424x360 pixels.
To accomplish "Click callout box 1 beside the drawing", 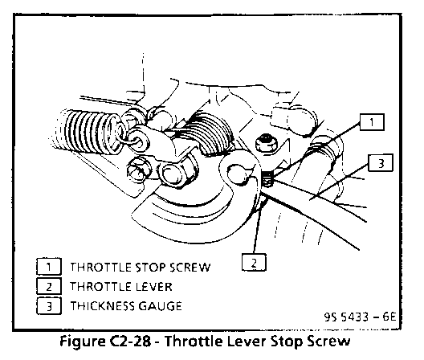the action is pyautogui.click(x=372, y=122).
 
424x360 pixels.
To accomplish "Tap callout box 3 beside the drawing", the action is pyautogui.click(x=381, y=163).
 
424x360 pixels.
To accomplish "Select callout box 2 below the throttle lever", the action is pyautogui.click(x=254, y=262).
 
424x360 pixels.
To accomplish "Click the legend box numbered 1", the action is pyautogui.click(x=49, y=267).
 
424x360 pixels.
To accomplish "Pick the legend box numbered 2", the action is pyautogui.click(x=49, y=286).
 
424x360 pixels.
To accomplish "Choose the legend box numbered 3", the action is pyautogui.click(x=49, y=306).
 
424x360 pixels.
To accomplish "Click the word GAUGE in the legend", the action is pyautogui.click(x=160, y=306).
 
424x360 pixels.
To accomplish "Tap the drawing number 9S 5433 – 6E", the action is pyautogui.click(x=360, y=317).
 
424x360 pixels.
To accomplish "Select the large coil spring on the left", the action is pyautogui.click(x=87, y=132).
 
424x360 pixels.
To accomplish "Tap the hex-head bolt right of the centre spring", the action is pyautogui.click(x=266, y=144).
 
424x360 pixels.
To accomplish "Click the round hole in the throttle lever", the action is pyautogui.click(x=237, y=174).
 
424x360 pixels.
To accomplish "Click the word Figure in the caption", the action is pyautogui.click(x=82, y=342).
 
